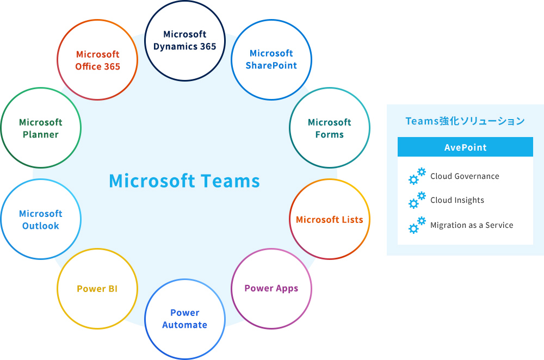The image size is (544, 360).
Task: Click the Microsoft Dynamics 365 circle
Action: tap(184, 41)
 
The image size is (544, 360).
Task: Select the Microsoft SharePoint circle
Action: tap(271, 59)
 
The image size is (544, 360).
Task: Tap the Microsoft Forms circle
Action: tap(329, 128)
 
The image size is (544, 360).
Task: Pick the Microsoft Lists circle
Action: tap(329, 219)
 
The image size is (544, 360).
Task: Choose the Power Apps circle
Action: tap(271, 288)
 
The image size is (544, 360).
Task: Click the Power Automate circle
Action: tap(184, 319)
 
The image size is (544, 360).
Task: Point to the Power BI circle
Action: tap(97, 289)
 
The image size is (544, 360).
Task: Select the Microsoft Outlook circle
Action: tap(41, 219)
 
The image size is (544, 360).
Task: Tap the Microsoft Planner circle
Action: tap(41, 128)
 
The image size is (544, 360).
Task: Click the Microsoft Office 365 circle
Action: tap(97, 60)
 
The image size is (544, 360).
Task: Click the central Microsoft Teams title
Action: tap(184, 181)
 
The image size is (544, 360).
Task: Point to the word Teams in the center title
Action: tap(230, 181)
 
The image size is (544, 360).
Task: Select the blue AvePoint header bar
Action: tap(465, 147)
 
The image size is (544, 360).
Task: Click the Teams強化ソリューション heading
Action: tap(465, 121)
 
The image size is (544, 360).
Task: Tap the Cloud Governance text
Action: tap(465, 176)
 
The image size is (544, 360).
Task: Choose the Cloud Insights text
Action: tap(457, 200)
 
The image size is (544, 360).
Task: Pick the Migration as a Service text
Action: tap(472, 225)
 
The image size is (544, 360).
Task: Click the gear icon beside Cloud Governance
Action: tap(417, 177)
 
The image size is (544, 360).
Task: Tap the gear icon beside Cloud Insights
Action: tap(417, 201)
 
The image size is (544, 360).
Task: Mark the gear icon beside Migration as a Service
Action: tap(417, 225)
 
